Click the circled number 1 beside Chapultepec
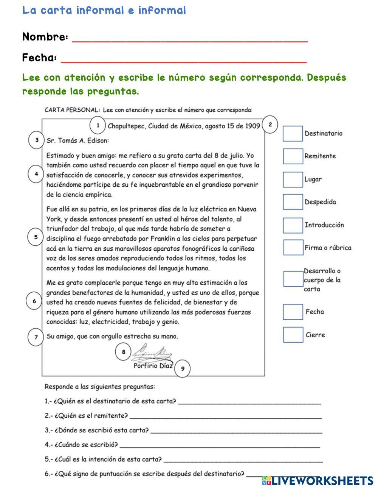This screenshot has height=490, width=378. click(98, 125)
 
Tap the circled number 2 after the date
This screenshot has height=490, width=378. click(270, 124)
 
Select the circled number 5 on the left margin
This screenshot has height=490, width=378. click(36, 237)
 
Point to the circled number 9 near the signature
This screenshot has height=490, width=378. click(183, 368)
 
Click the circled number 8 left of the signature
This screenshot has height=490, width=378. click(123, 352)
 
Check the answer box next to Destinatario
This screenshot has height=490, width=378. click(293, 134)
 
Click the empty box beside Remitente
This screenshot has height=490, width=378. click(293, 156)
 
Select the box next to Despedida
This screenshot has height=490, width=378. click(293, 202)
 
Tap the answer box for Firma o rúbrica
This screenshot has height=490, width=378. click(293, 247)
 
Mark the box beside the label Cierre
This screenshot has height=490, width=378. click(293, 335)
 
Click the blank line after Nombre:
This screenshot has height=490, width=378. click(190, 39)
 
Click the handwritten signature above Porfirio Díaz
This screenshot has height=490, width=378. click(151, 353)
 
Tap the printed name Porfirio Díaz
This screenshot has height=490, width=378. click(153, 365)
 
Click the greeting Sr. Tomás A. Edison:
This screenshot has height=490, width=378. click(77, 140)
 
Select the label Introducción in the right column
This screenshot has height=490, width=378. click(324, 225)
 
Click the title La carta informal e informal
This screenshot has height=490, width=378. click(104, 10)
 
